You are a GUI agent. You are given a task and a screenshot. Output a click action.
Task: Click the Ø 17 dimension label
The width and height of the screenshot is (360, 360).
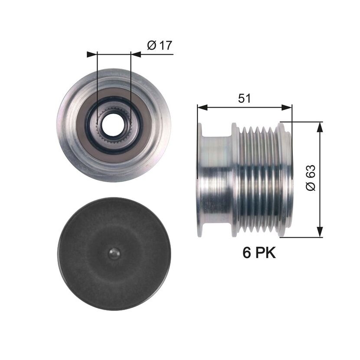point(160,45)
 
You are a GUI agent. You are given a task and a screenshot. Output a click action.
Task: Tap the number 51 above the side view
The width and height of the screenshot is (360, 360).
point(245,98)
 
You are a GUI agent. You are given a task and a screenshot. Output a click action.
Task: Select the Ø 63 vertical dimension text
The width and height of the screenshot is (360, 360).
point(311,178)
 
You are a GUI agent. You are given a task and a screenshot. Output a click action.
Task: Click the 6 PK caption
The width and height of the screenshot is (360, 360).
point(259,252)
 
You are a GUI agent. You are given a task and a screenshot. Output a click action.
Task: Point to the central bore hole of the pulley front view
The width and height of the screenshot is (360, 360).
point(113,124)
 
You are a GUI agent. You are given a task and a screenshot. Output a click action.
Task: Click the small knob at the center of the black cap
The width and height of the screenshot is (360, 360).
point(114,254)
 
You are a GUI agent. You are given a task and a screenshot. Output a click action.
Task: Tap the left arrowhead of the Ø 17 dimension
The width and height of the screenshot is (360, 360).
point(92,54)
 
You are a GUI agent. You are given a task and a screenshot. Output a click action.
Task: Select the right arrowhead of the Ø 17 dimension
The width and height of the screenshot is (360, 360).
point(136,54)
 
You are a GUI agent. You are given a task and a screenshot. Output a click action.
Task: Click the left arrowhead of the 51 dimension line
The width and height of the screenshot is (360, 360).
point(202,107)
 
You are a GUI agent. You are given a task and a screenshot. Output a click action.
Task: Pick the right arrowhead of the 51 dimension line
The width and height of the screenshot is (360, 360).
point(287,107)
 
